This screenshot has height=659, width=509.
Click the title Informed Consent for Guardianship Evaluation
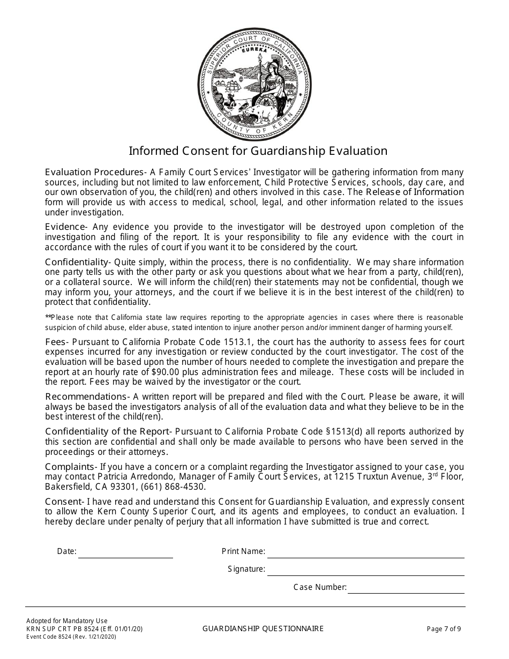tap(258, 151)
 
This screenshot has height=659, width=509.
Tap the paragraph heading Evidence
tap(65, 227)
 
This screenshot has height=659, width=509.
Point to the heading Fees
tap(55, 342)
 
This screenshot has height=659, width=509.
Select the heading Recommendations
tap(86, 397)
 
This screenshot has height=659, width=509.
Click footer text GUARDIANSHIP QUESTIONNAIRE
tap(263, 629)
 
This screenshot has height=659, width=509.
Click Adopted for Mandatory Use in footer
tap(66, 621)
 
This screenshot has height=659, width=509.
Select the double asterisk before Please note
tap(48, 318)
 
